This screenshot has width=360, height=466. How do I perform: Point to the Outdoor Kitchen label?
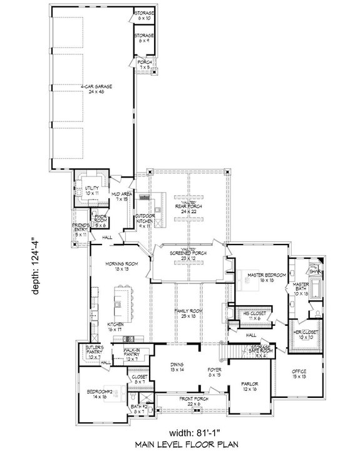tap(145, 219)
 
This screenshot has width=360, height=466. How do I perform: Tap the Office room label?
tap(299, 375)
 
